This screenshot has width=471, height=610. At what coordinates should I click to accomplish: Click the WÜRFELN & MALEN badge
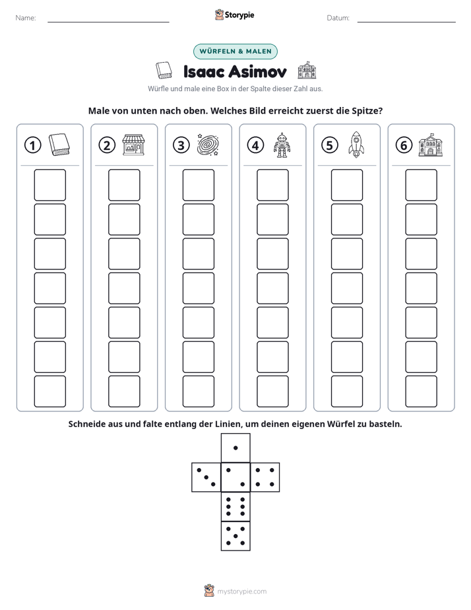[x=235, y=51]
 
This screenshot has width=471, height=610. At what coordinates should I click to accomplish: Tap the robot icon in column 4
[x=282, y=145]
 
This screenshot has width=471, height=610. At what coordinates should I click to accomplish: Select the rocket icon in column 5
[x=356, y=145]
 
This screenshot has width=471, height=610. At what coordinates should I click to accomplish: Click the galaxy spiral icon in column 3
[x=208, y=145]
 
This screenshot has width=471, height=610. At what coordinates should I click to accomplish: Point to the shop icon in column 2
[x=133, y=145]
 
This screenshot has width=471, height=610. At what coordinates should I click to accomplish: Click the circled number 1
[x=32, y=145]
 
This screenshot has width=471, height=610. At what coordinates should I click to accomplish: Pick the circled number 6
[x=404, y=145]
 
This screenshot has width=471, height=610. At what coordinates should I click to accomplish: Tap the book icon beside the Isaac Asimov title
[x=164, y=71]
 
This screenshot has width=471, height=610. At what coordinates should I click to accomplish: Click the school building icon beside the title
[x=307, y=70]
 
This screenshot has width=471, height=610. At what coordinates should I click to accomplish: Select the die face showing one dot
[x=235, y=448]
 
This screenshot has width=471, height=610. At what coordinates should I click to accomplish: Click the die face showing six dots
[x=235, y=506]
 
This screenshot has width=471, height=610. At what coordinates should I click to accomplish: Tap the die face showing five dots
[x=235, y=536]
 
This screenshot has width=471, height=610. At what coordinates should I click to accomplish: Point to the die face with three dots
[x=206, y=477]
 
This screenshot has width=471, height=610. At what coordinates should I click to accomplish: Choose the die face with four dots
[x=265, y=477]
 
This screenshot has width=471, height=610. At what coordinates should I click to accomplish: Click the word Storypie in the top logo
[x=239, y=15]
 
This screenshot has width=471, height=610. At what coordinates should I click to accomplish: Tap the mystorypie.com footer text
[x=241, y=592]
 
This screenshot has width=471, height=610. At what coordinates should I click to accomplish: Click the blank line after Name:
[x=108, y=22]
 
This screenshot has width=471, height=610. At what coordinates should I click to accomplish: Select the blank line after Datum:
[x=406, y=22]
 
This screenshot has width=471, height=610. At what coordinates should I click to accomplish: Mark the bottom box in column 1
[x=49, y=391]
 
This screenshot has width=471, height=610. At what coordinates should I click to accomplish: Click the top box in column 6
[x=422, y=185]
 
